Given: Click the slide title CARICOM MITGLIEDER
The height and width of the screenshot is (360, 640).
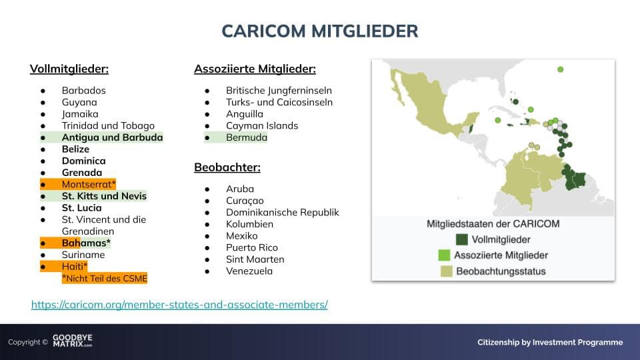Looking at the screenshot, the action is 320,31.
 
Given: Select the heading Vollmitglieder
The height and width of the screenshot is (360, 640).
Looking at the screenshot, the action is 69,69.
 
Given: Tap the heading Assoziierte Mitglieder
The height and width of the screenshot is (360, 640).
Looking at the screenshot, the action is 255,69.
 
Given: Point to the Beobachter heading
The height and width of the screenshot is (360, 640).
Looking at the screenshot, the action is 227,167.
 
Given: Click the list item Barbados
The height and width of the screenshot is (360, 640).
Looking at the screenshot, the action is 84,90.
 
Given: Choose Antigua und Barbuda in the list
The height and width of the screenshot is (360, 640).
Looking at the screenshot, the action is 112,137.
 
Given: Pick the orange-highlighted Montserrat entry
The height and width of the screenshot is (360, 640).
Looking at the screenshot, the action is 89,185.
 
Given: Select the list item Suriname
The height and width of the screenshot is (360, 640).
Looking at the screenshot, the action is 83,255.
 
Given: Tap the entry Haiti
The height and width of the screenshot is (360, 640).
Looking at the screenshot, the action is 74,267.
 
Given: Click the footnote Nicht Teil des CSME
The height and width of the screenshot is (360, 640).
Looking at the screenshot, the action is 105,279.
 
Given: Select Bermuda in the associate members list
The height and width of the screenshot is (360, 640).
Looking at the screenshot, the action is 247,137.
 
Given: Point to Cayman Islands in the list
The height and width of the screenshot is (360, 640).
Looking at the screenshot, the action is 262,126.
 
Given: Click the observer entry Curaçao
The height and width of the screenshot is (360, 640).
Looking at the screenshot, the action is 245,201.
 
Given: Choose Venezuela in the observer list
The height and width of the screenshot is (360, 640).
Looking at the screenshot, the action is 249,271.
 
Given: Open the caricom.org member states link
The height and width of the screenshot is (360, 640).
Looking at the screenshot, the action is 179,305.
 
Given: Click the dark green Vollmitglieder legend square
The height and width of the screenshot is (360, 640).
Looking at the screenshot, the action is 461,239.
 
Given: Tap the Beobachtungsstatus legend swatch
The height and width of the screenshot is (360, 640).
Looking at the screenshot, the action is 447,271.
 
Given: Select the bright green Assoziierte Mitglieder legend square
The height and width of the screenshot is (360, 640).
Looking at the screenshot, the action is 444,255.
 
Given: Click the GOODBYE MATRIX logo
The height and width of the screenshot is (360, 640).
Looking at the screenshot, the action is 73,341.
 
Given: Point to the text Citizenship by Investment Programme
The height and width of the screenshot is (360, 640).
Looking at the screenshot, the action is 550,342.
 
